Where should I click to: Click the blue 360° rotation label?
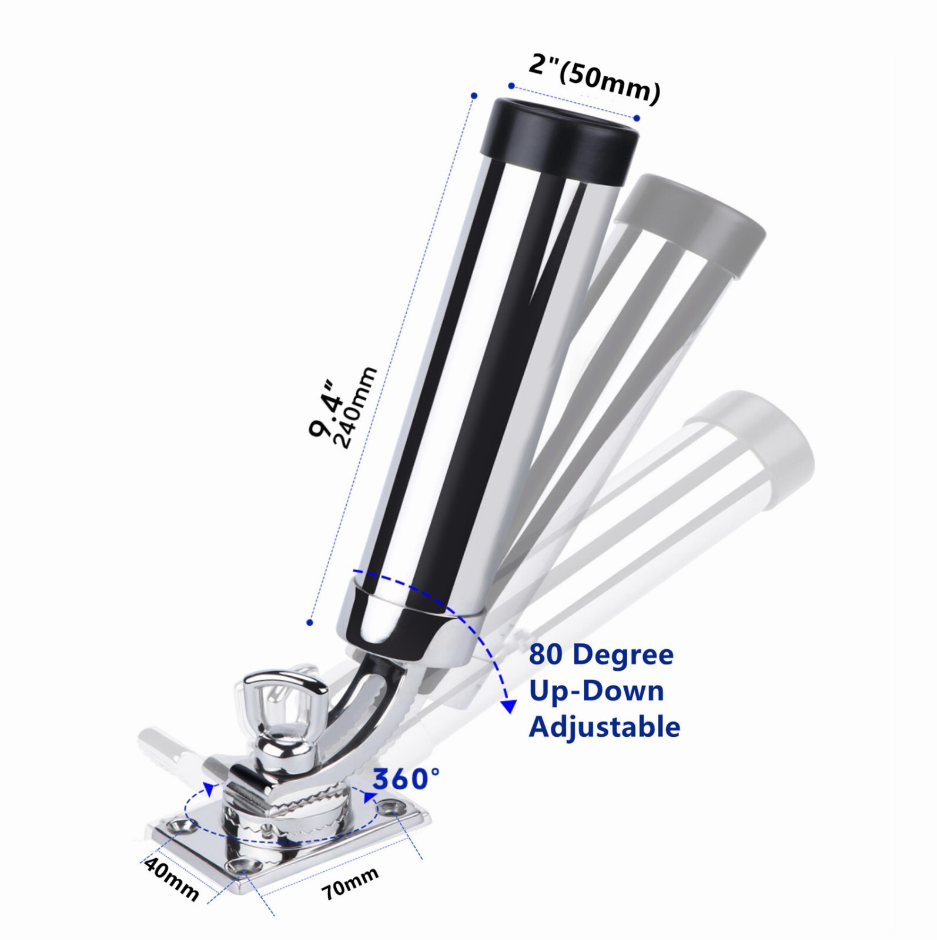click(406, 780)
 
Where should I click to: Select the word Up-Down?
click(596, 691)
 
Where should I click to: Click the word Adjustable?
click(604, 727)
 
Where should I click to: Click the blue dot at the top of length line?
click(474, 95)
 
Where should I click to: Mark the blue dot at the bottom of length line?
click(310, 622)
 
